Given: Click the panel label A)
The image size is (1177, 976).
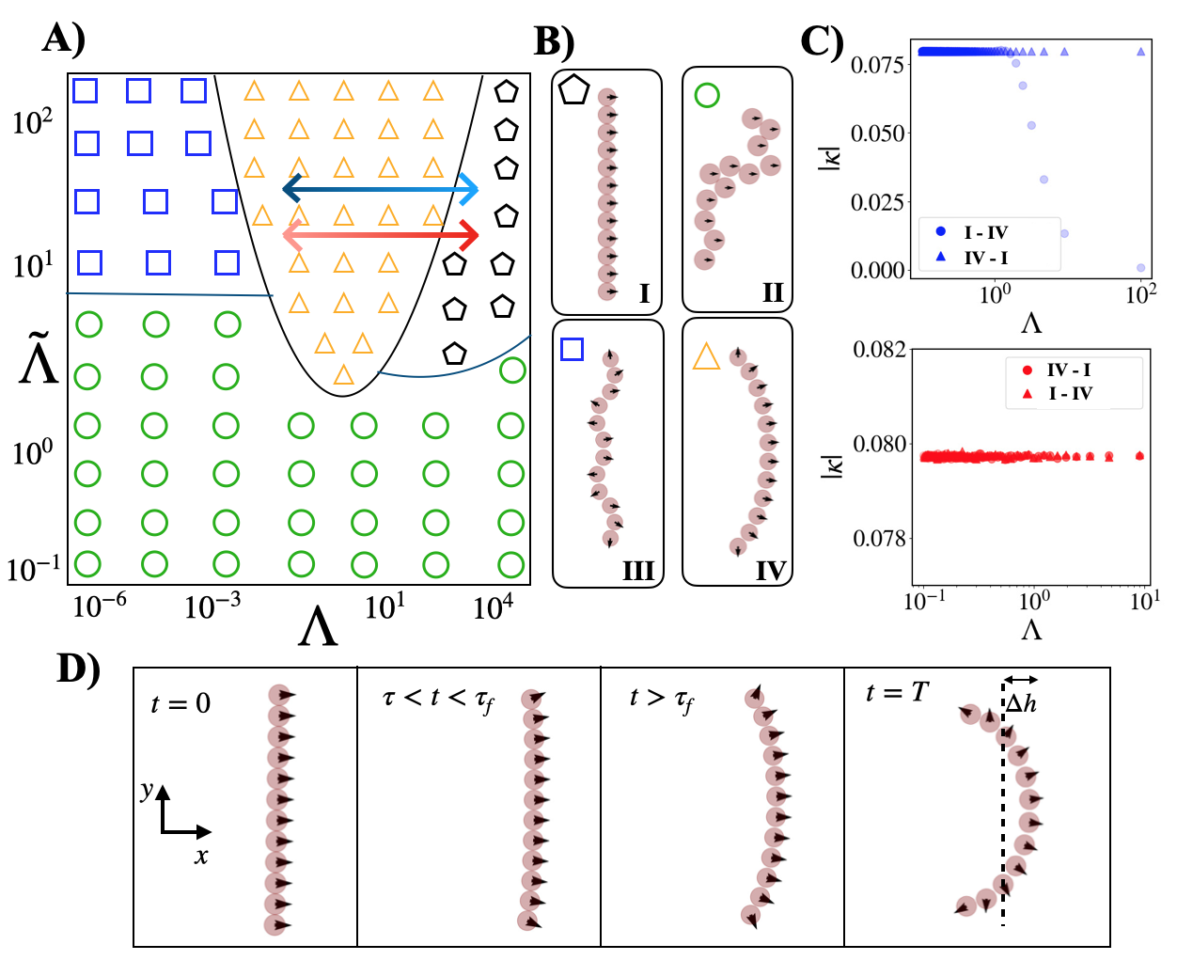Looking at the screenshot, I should click(x=64, y=39).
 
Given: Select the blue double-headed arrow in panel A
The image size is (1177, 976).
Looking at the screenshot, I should click(x=381, y=189).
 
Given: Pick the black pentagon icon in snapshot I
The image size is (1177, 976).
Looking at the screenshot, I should click(x=573, y=90).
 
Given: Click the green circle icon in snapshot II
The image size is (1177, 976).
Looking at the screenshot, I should click(x=707, y=95).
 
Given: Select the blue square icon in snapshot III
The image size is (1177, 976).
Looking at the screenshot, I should click(x=572, y=350).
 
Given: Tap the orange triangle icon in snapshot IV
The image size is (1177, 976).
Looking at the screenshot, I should click(x=706, y=357).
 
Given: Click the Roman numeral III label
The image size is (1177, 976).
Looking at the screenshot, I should click(x=637, y=571).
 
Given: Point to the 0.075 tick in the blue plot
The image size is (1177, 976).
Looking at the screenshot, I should click(x=877, y=65).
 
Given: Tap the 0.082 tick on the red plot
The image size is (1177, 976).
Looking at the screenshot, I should click(x=879, y=350).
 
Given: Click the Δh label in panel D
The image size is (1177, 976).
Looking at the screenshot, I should click(x=1021, y=703).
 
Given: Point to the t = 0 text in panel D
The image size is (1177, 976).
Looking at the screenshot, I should click(x=180, y=703).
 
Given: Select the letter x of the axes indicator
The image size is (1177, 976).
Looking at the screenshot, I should click(x=201, y=856).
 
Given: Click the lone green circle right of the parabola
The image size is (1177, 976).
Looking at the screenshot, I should click(x=512, y=370).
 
